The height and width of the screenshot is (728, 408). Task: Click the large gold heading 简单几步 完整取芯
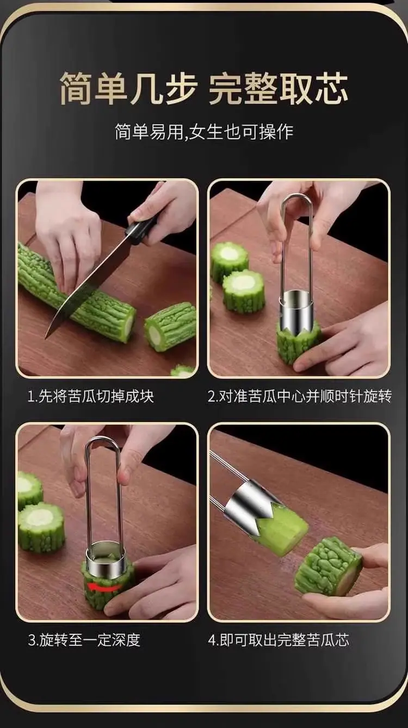click(x=204, y=88)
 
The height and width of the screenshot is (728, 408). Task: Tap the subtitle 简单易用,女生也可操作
click(x=204, y=132)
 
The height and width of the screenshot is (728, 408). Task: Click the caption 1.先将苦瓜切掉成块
click(x=91, y=396)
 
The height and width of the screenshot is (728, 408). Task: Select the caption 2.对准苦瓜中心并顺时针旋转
click(x=300, y=396)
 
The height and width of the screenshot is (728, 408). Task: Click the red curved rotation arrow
click(x=103, y=586)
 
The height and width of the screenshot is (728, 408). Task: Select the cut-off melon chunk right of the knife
click(x=170, y=326)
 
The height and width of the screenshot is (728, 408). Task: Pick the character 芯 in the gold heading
click(x=332, y=88)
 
